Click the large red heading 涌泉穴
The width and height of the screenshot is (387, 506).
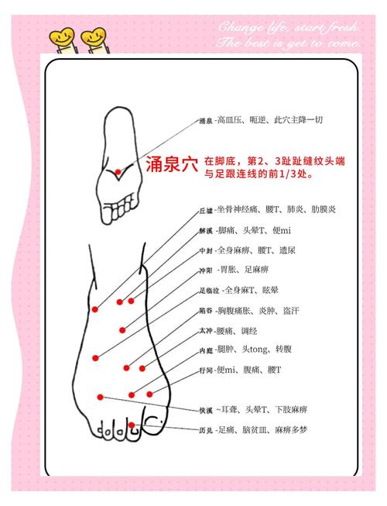click(x=172, y=165)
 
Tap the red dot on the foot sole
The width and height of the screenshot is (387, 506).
click(x=118, y=171)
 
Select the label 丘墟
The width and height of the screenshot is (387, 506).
click(x=206, y=210)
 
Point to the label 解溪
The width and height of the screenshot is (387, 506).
click(x=206, y=231)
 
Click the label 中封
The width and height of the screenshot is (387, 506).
click(x=206, y=251)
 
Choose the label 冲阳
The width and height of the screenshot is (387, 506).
click(x=206, y=270)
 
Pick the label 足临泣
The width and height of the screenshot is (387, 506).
click(x=208, y=291)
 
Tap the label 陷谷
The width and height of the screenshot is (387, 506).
click(x=206, y=311)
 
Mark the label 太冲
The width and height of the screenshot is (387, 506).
click(x=206, y=331)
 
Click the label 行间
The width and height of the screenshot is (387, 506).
click(x=206, y=370)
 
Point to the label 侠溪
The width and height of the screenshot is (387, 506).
click(x=206, y=409)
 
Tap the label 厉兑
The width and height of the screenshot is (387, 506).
click(x=206, y=429)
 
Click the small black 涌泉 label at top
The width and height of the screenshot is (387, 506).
click(x=206, y=122)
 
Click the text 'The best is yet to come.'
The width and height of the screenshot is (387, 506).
click(x=289, y=43)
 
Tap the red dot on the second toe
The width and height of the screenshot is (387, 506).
click(x=133, y=424)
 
